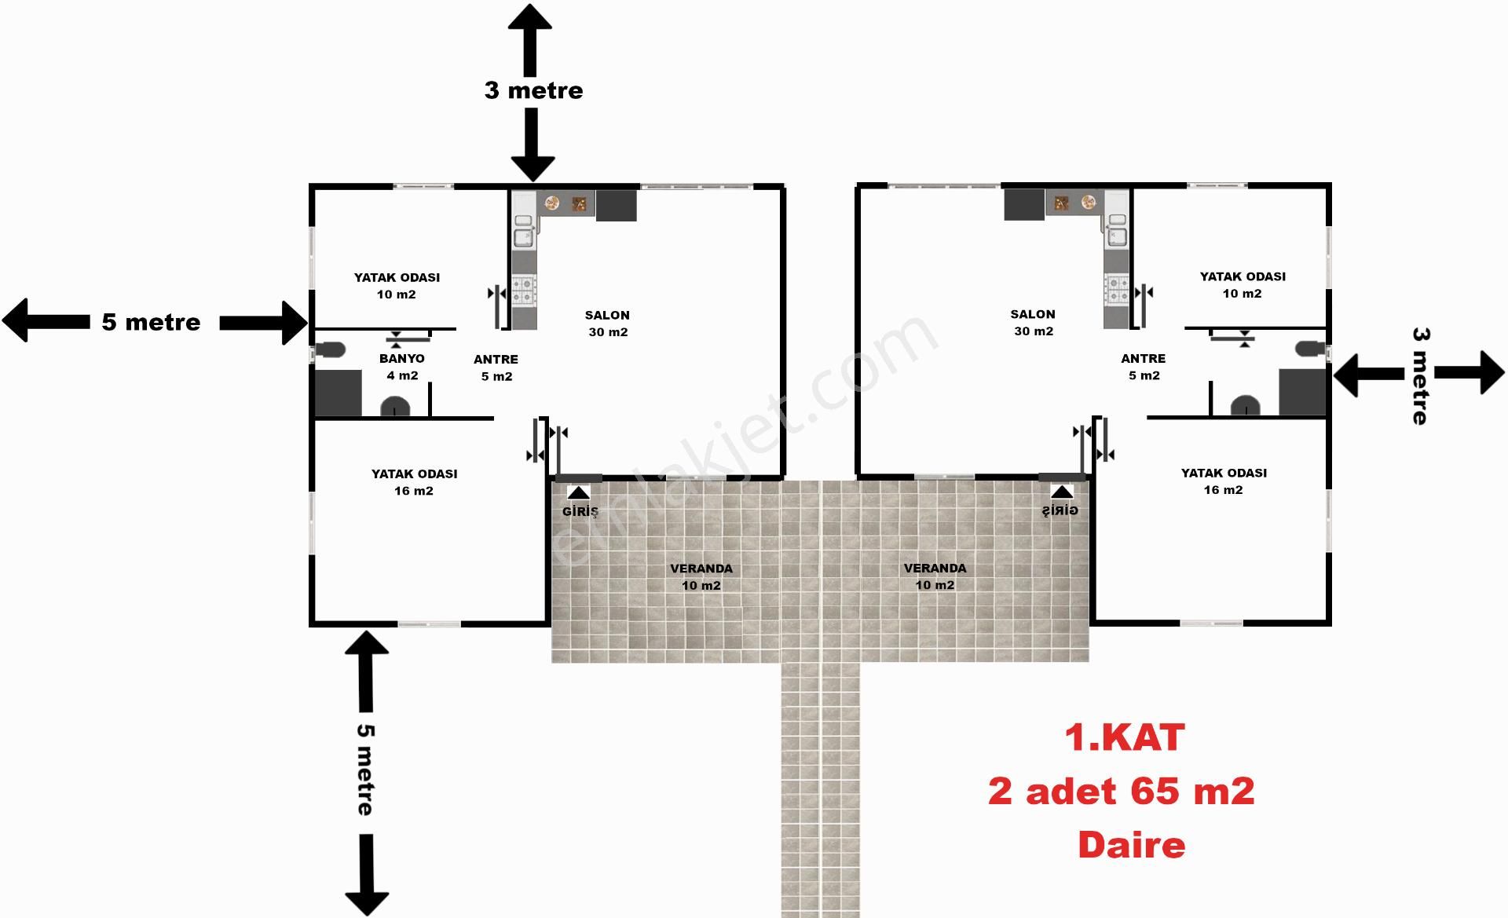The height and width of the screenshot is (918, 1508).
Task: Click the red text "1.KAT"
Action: click(x=1124, y=738)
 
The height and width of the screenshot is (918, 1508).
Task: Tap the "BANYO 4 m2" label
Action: click(x=402, y=367)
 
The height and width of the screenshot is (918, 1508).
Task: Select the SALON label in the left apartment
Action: click(x=607, y=323)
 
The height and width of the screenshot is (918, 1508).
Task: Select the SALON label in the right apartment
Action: click(x=1033, y=322)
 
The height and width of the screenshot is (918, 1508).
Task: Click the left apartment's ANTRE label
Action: click(x=496, y=368)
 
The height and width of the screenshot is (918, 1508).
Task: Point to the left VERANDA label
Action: click(x=701, y=576)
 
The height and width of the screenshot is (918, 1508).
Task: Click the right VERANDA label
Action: click(x=935, y=576)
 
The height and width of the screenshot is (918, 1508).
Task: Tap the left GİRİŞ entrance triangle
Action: click(x=579, y=493)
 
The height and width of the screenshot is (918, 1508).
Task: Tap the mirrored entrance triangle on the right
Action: click(x=1062, y=492)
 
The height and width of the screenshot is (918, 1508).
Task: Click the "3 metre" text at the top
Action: click(x=533, y=90)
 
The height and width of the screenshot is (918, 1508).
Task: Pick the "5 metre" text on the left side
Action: click(x=151, y=322)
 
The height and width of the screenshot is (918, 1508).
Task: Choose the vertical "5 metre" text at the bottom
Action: click(x=365, y=770)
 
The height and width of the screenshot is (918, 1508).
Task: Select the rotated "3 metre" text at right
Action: click(x=1420, y=376)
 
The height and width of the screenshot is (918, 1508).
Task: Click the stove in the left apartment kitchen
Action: click(x=524, y=290)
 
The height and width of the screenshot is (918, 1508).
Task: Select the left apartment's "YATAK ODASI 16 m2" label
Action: click(x=414, y=482)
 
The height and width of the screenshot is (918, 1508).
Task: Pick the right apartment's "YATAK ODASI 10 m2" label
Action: click(x=1242, y=284)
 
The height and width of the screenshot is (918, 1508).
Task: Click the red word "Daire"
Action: click(x=1131, y=846)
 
